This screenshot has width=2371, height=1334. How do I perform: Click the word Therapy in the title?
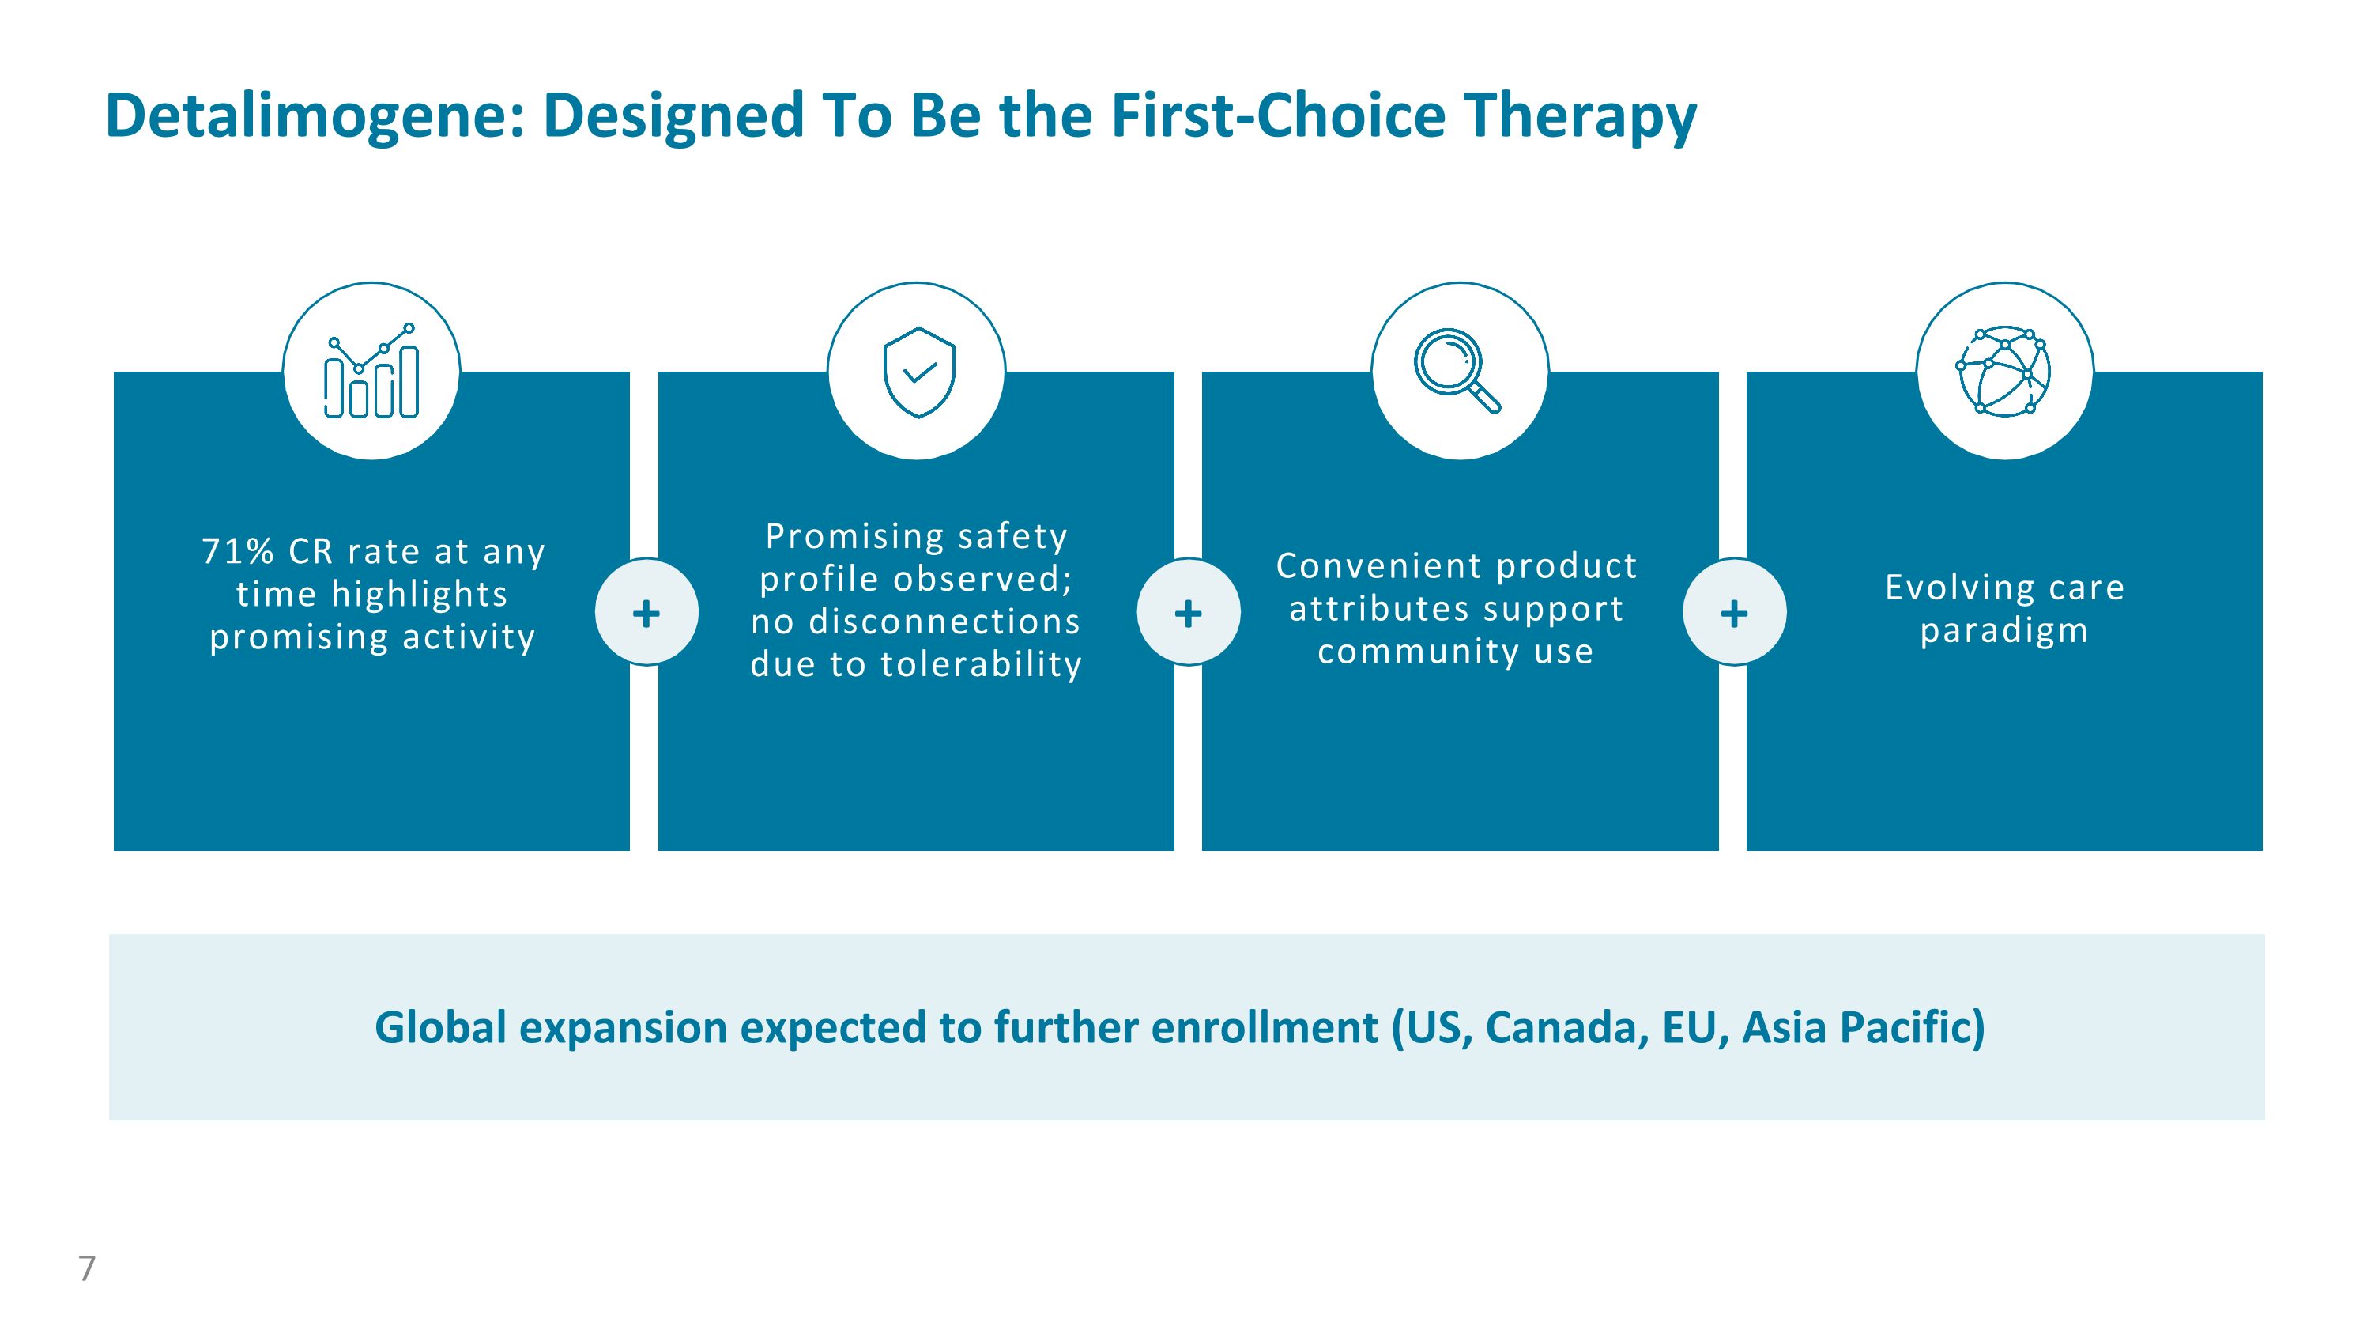coord(1579,116)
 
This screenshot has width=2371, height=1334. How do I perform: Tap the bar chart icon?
coord(371,371)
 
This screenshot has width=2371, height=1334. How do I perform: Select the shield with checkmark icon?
coord(918,372)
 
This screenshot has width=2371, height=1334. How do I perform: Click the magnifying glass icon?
coord(1457,370)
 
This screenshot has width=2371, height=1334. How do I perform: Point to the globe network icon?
coord(2003,370)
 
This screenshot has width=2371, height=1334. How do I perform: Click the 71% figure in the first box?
coord(237,551)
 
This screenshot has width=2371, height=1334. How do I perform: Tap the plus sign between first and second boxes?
coord(646,612)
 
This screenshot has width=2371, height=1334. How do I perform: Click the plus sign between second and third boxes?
coord(1188,612)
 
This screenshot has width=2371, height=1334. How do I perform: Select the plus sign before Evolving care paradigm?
coord(1734,612)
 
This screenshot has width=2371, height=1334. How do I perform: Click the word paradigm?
coord(2003,632)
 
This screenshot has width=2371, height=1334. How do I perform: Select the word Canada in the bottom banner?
coord(1566,1027)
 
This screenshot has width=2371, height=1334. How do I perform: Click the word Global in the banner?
coord(440,1027)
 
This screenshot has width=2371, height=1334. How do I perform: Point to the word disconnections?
coord(944,622)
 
